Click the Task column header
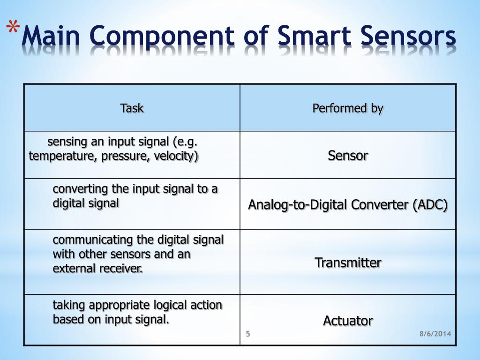click(132, 108)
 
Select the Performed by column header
click(348, 108)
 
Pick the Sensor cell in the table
click(348, 155)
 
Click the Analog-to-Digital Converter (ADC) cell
click(348, 205)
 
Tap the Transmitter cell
click(348, 262)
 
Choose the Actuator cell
click(348, 321)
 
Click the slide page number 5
click(248, 333)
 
